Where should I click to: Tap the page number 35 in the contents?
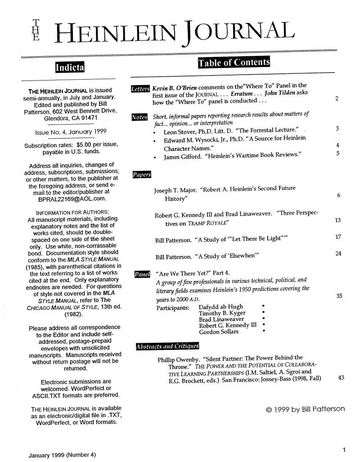[340, 296]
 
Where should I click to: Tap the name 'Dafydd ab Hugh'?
[220, 307]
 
